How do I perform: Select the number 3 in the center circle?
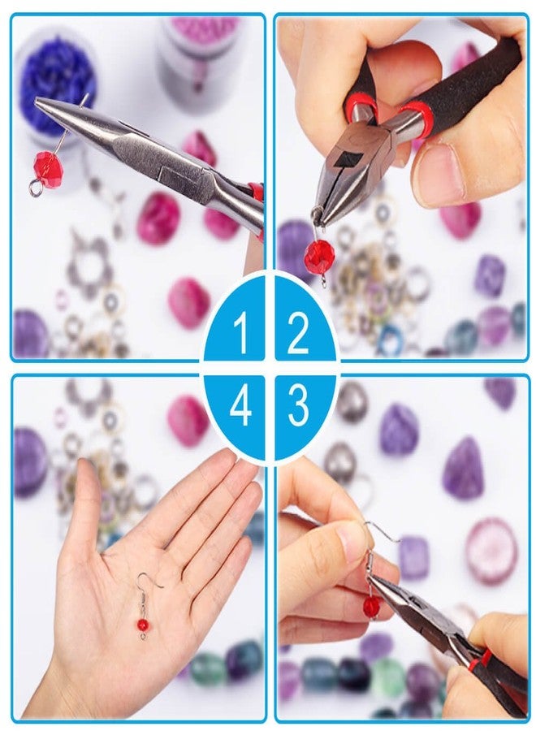298,405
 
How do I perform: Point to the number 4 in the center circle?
240,406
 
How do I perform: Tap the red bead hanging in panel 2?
318,257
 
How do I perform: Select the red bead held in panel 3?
371,605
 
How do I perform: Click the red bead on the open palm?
142,625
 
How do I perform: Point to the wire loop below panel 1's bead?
34,190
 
